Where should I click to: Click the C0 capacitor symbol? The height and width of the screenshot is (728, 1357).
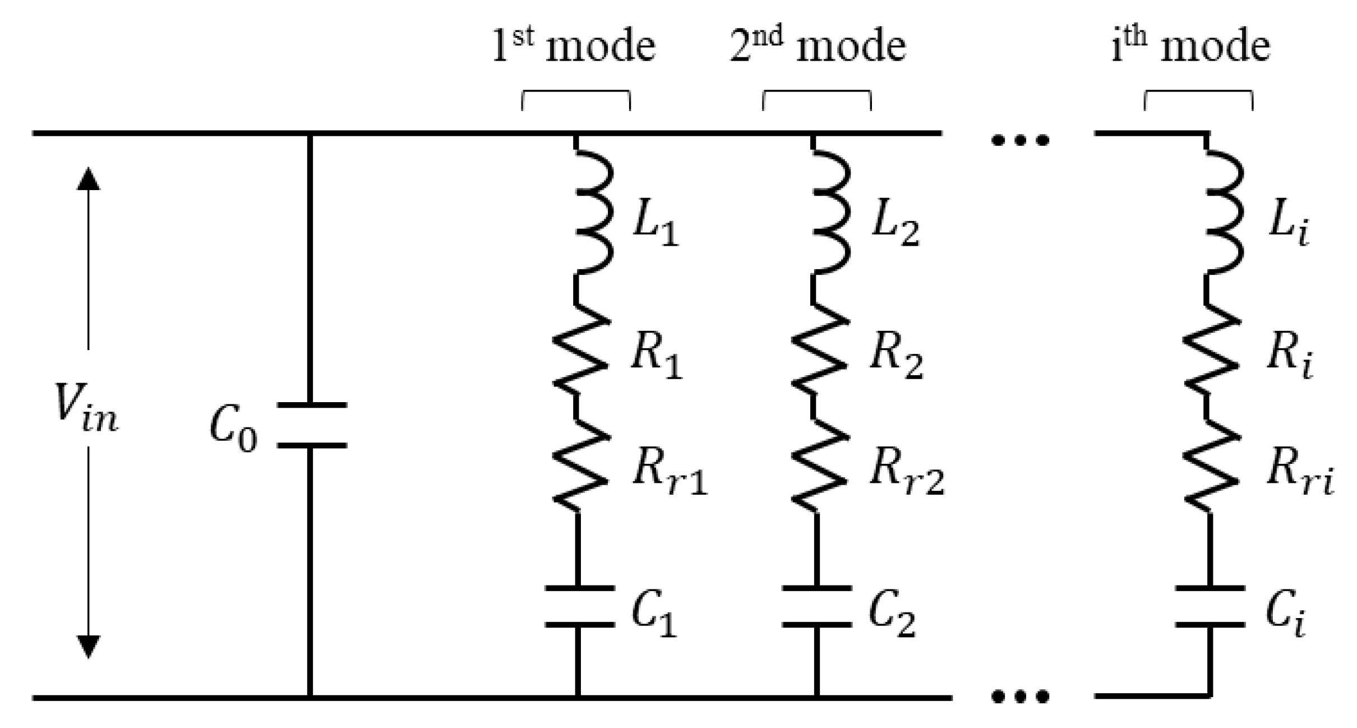pyautogui.click(x=312, y=425)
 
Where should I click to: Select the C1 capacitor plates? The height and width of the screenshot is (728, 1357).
pyautogui.click(x=580, y=606)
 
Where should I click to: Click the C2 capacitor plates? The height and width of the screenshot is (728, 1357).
pyautogui.click(x=817, y=606)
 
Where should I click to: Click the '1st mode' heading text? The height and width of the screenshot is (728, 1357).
pyautogui.click(x=574, y=46)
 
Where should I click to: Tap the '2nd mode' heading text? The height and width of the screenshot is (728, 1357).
pyautogui.click(x=818, y=46)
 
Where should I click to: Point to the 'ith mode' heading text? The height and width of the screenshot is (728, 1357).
pyautogui.click(x=1190, y=46)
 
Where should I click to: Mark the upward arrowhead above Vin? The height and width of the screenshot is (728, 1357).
pyautogui.click(x=88, y=179)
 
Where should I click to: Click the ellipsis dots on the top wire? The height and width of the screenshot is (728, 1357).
pyautogui.click(x=1020, y=140)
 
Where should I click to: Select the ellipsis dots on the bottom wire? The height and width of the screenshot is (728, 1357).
pyautogui.click(x=1020, y=697)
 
